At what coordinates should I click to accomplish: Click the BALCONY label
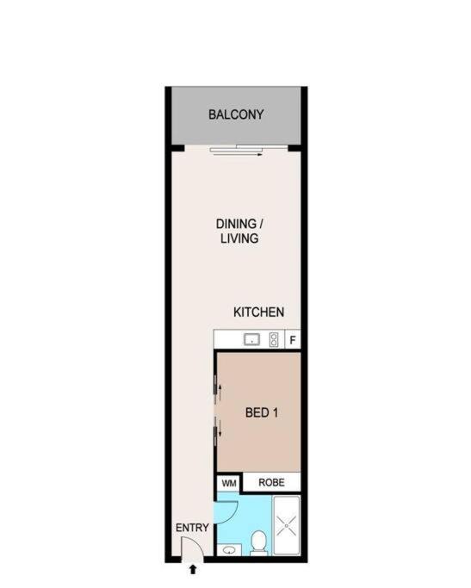236,115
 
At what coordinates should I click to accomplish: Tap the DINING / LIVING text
239,231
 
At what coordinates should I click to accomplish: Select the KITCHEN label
259,312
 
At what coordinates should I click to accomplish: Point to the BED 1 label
262,413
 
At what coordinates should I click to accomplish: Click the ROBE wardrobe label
271,482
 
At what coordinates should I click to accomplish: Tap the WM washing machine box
229,483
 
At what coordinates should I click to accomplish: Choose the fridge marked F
293,340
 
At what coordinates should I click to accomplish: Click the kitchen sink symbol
252,340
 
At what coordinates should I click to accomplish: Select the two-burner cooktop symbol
274,340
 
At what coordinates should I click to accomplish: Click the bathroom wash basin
229,550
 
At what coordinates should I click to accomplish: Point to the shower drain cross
287,525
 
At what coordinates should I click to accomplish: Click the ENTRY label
192,528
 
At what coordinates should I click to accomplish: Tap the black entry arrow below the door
193,570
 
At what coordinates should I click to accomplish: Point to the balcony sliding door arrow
236,154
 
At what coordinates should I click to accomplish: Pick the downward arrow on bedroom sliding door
220,429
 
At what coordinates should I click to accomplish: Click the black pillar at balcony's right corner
294,148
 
